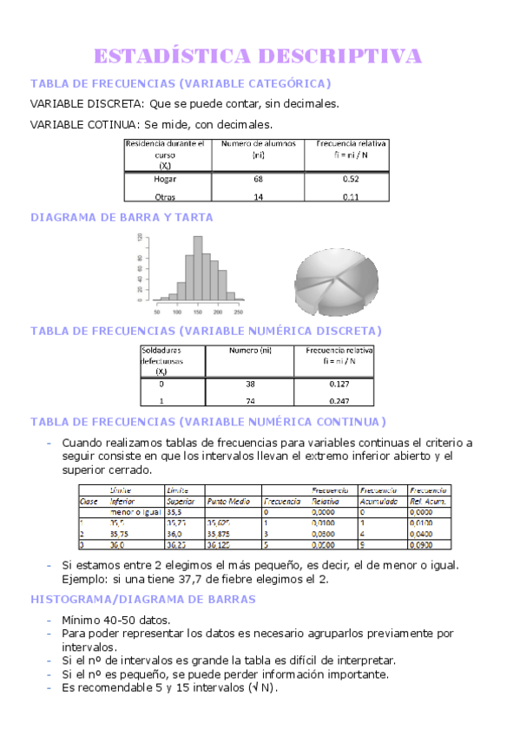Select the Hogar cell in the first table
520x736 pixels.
[x=165, y=179]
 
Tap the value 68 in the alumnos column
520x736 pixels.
[x=258, y=179]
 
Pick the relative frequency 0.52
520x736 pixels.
[x=351, y=179]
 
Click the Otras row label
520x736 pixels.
[x=165, y=197]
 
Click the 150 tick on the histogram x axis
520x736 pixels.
[x=198, y=310]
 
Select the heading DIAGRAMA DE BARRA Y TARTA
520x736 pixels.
[x=122, y=218]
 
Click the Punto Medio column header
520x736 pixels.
[x=228, y=502]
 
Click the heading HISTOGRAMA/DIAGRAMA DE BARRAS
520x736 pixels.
[x=143, y=600]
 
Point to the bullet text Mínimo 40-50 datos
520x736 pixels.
[x=115, y=621]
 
